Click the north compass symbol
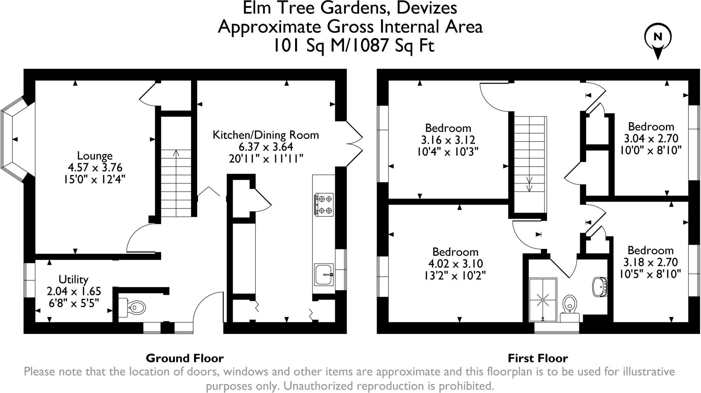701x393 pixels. tap(658, 39)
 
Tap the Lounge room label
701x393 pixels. tap(95, 156)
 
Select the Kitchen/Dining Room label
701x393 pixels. tap(266, 135)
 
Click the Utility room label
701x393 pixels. tap(73, 279)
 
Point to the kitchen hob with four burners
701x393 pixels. tap(324, 204)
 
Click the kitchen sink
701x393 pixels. tap(324, 275)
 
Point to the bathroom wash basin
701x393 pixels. tap(599, 286)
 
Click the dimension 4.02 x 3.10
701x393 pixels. tap(455, 264)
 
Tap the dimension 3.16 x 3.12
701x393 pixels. tap(448, 140)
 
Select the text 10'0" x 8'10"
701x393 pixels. tap(651, 150)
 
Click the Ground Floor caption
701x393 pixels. tap(184, 358)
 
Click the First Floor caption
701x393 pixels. tap(538, 358)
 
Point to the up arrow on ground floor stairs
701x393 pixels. tap(176, 153)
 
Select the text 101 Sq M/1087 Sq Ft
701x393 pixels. tap(353, 45)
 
